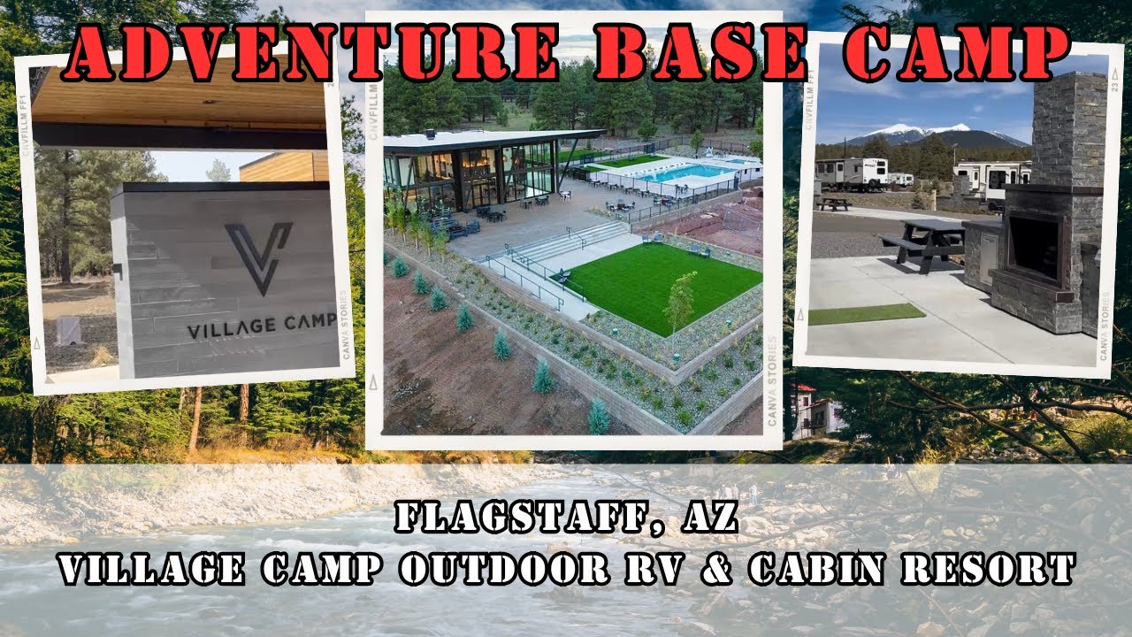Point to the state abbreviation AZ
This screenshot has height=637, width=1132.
[x=708, y=517]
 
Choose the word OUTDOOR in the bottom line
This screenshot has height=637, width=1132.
[x=504, y=568]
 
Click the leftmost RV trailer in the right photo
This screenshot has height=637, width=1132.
[x=851, y=173]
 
